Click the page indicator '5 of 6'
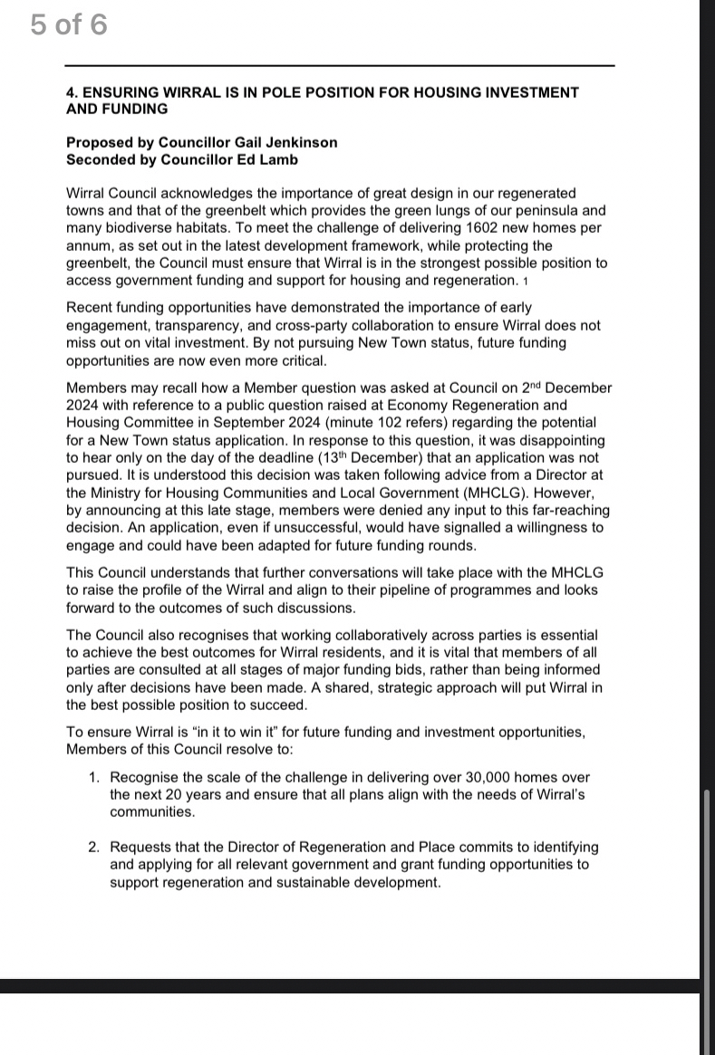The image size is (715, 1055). (68, 24)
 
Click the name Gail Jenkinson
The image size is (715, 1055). (274, 143)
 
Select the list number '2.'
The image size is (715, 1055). (94, 848)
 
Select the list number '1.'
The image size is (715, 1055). (94, 778)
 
